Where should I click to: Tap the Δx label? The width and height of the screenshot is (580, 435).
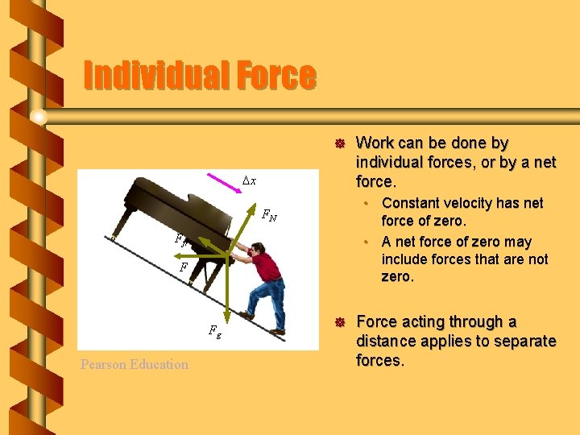tap(250, 181)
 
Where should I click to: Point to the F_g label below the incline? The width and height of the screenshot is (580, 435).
tap(214, 329)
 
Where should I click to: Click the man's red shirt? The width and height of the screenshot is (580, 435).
tap(265, 266)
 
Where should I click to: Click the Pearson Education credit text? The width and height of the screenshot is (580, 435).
tap(135, 364)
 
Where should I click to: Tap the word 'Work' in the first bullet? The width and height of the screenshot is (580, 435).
tap(375, 143)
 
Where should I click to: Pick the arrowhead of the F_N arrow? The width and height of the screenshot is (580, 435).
tap(199, 241)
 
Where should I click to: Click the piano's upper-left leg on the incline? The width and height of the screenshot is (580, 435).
tap(117, 233)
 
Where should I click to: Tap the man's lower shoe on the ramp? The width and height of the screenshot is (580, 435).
tap(276, 331)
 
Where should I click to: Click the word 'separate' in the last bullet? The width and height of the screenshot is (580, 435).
tap(524, 341)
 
